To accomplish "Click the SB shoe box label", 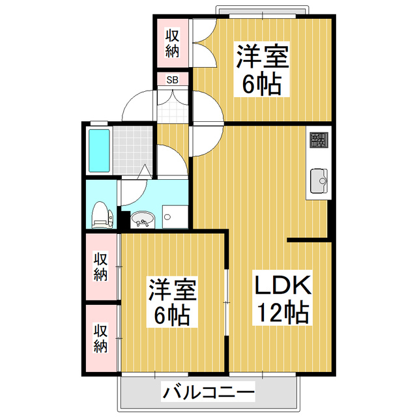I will [x=173, y=79].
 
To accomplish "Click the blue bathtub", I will [x=100, y=151].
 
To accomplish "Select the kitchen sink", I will [x=319, y=180].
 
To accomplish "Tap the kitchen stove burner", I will [x=319, y=139].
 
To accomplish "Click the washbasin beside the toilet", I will [x=143, y=220].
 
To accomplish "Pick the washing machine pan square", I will [x=173, y=216].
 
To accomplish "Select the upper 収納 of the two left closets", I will [x=101, y=266].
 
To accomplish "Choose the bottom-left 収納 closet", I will [x=101, y=338].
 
